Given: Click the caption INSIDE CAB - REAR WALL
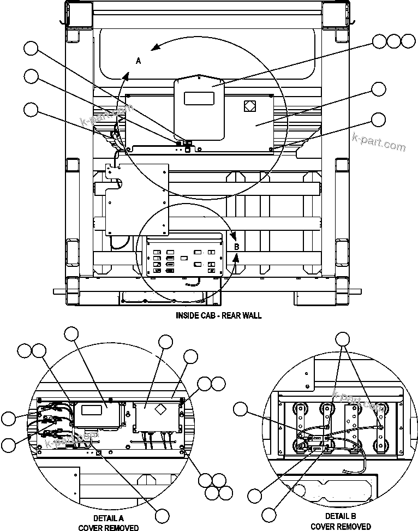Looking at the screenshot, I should [218, 315].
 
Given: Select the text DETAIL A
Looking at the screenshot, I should [108, 518].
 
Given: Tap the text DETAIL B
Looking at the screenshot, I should [341, 516].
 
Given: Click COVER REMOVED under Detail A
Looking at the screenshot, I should [108, 527].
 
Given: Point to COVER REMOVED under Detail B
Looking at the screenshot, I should [341, 526].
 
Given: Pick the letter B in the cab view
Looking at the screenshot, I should [237, 247].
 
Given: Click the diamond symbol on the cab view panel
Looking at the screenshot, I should [249, 106].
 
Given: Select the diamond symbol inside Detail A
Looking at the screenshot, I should [161, 409].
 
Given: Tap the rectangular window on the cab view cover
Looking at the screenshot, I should [199, 99].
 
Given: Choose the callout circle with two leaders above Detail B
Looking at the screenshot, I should [342, 339].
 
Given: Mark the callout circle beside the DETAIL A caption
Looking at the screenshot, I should [162, 515].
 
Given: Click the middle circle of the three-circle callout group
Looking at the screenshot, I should [393, 40].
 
